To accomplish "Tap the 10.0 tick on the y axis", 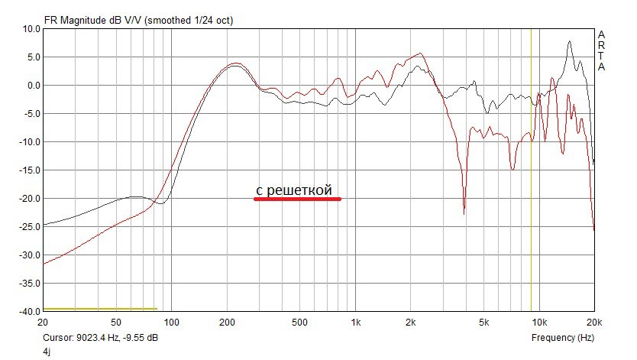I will point(31,29).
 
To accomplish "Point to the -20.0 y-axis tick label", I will point(29,199).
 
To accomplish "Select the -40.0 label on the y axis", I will point(29,312).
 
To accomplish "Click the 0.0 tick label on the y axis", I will point(33,86).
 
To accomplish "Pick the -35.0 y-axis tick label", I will point(29,284).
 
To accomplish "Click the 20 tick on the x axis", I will point(43,323).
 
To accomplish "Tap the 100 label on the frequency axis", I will point(172,323).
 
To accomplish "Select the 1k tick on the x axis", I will point(356,323).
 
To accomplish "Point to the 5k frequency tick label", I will point(484,323).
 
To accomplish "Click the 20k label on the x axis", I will point(594,323).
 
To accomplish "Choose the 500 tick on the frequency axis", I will point(300,323).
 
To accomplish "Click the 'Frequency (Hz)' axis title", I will point(562,337).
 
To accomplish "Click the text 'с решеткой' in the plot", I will point(294,190).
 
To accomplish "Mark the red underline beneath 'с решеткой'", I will point(297,199).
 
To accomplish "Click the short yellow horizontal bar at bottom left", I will point(100,309).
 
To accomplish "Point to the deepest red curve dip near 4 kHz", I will point(464,213).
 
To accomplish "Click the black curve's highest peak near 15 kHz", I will point(570,42).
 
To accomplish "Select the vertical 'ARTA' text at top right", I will point(601,51).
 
